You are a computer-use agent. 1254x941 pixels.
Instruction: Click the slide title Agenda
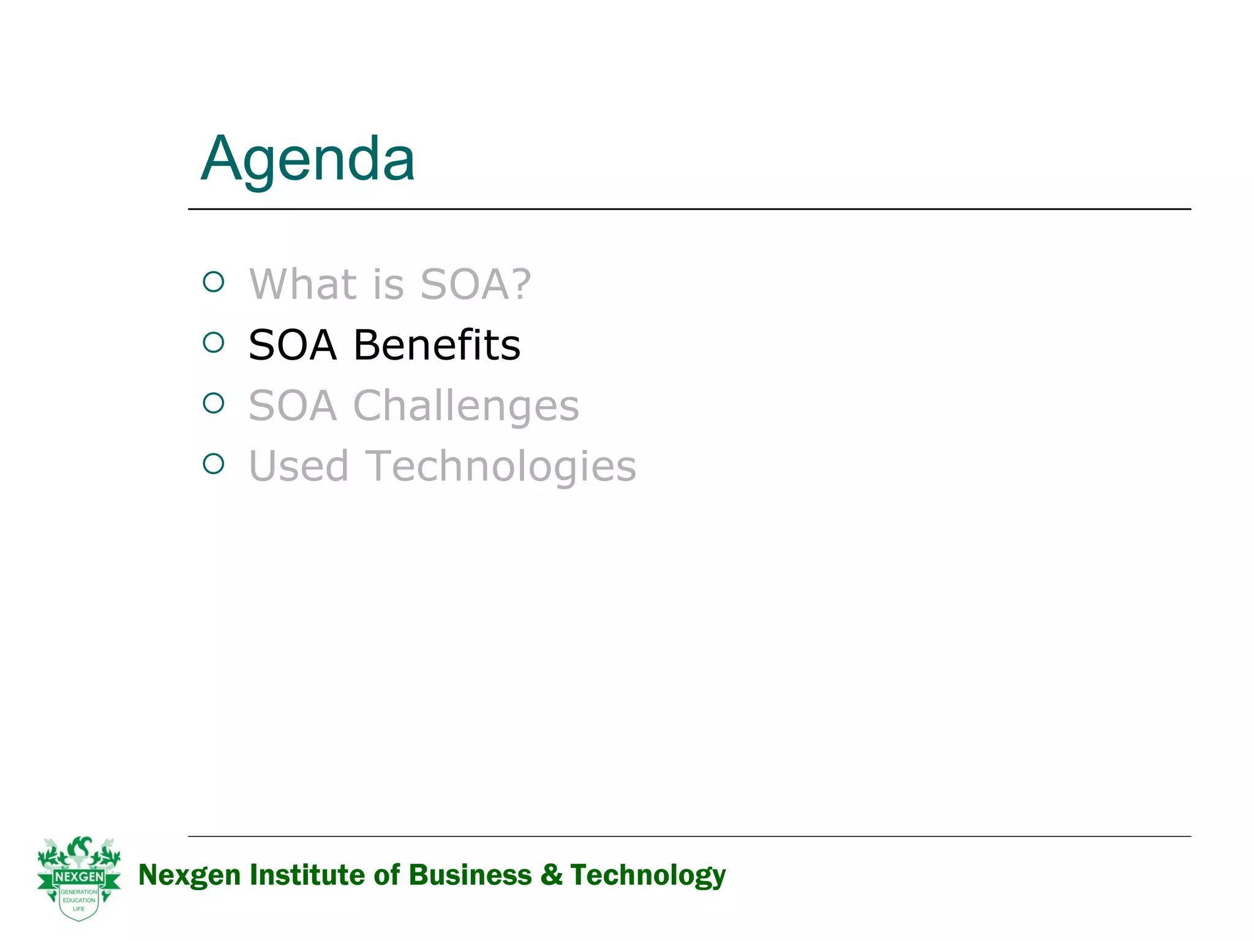308,159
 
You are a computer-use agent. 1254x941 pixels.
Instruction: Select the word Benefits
437,345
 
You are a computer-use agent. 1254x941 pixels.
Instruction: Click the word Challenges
466,406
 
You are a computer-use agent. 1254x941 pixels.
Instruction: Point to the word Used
298,466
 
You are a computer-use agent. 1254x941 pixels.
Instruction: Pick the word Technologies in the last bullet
500,466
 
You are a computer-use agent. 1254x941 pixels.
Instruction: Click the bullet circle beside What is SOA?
214,282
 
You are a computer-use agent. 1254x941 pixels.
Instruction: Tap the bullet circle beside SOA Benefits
214,342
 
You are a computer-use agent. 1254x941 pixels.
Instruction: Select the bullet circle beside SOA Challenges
214,403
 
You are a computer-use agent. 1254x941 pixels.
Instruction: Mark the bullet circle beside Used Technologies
214,464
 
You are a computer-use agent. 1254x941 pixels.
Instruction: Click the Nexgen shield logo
79,878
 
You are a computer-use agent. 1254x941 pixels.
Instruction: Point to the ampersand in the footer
551,875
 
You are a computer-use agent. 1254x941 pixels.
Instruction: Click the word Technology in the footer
648,875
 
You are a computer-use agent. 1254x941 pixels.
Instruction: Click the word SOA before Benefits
293,345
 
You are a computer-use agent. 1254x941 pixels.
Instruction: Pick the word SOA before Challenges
293,406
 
